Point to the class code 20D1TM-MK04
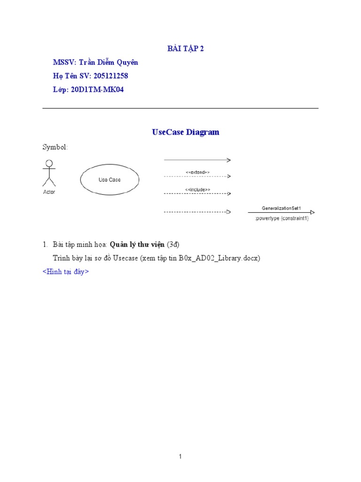pos(97,89)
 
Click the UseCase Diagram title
pos(186,132)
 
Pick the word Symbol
pos(55,147)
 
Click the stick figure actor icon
pos(48,173)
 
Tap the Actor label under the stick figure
pos(49,192)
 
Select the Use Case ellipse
pos(110,180)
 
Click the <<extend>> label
pos(197,172)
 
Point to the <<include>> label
pos(197,189)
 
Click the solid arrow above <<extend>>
pos(197,160)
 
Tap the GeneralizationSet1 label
pos(281,208)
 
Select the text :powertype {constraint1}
pos(282,218)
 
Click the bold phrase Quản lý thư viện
pos(137,245)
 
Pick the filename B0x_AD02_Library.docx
pos(219,258)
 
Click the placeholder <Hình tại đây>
pos(66,272)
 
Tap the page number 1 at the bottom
pos(180,456)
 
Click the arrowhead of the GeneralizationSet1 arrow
pos(313,212)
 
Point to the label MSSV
pos(64,63)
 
